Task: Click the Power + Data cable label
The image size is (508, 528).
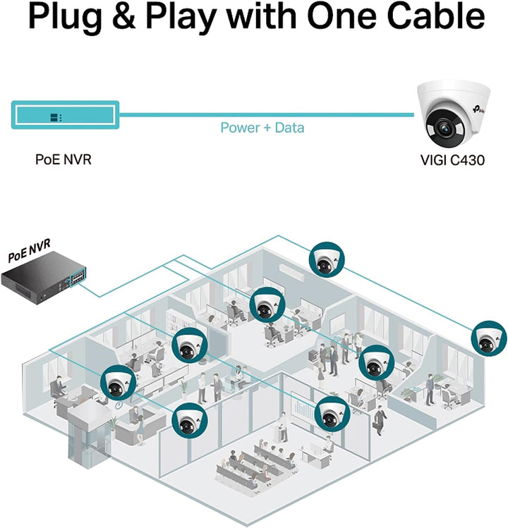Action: (x=262, y=128)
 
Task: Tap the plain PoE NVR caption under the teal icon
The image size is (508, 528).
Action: (x=63, y=160)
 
